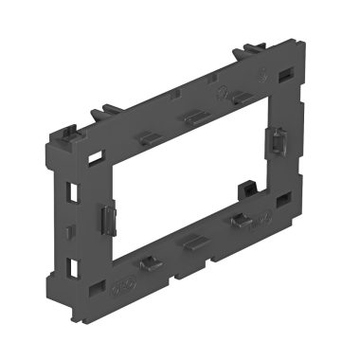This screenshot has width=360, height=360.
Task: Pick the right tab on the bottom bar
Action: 241,222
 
